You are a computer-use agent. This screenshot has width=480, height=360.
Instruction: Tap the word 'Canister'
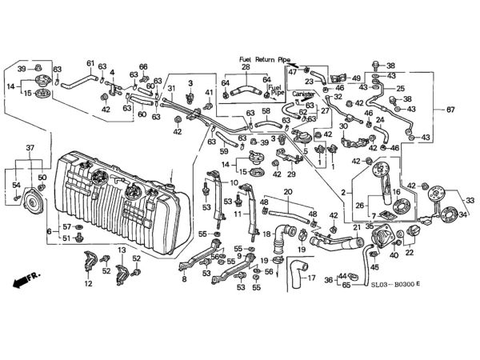tap(302, 93)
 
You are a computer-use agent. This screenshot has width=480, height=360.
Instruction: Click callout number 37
tap(30, 148)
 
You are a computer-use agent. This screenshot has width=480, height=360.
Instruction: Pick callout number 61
tap(90, 64)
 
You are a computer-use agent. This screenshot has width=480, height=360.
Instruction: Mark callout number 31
tap(170, 88)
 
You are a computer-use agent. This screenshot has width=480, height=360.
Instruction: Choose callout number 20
tap(287, 191)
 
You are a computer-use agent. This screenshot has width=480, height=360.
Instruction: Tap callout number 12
tap(89, 283)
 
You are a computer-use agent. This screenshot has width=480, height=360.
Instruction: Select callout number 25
tap(401, 89)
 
